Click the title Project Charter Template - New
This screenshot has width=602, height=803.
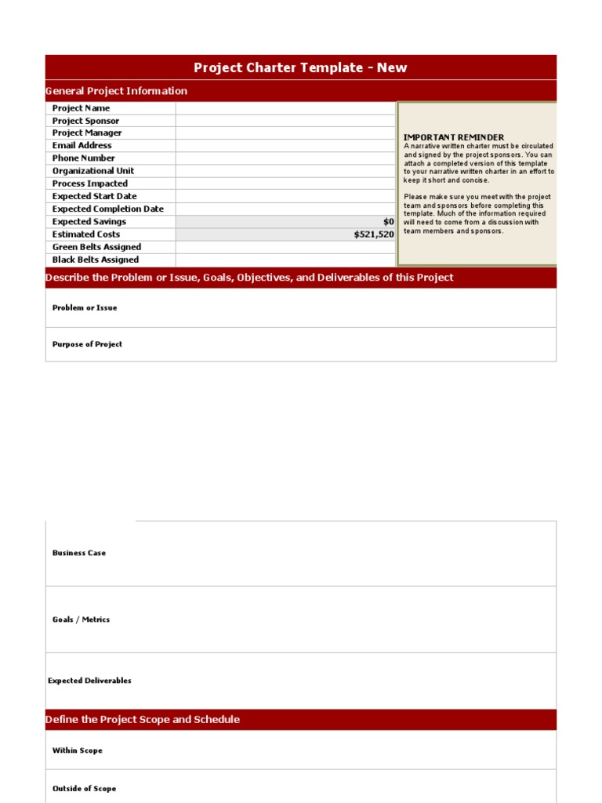300,67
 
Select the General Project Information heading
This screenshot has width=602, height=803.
117,91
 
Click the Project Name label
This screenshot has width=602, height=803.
81,108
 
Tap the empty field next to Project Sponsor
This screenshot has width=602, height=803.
285,121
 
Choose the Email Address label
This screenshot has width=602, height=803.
82,146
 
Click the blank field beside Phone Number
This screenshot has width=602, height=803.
285,158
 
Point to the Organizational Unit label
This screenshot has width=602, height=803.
92,171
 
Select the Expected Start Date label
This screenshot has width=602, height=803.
94,196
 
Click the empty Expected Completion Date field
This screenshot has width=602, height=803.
285,209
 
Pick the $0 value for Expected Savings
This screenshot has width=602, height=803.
388,222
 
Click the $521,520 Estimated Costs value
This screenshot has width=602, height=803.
374,234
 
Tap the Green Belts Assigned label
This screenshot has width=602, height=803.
96,247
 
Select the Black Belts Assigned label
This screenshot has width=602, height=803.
95,260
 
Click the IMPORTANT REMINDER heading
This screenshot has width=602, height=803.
453,137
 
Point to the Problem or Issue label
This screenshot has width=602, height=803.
85,308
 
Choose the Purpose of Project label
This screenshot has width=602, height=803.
87,344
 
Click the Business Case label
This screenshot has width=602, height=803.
78,553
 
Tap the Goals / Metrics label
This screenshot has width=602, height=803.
81,620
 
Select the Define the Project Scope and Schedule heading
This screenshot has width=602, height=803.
143,720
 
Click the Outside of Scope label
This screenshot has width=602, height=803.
84,789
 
